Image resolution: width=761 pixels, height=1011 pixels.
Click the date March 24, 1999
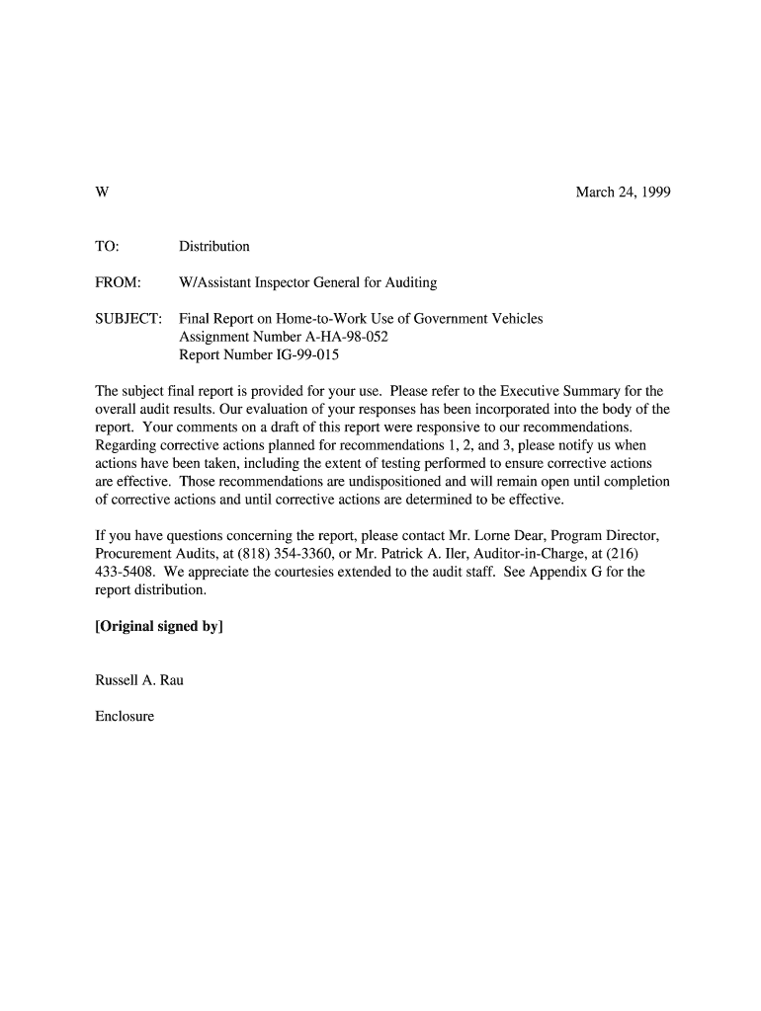coord(623,193)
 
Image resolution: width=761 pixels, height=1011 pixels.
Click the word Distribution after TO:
coord(214,246)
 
